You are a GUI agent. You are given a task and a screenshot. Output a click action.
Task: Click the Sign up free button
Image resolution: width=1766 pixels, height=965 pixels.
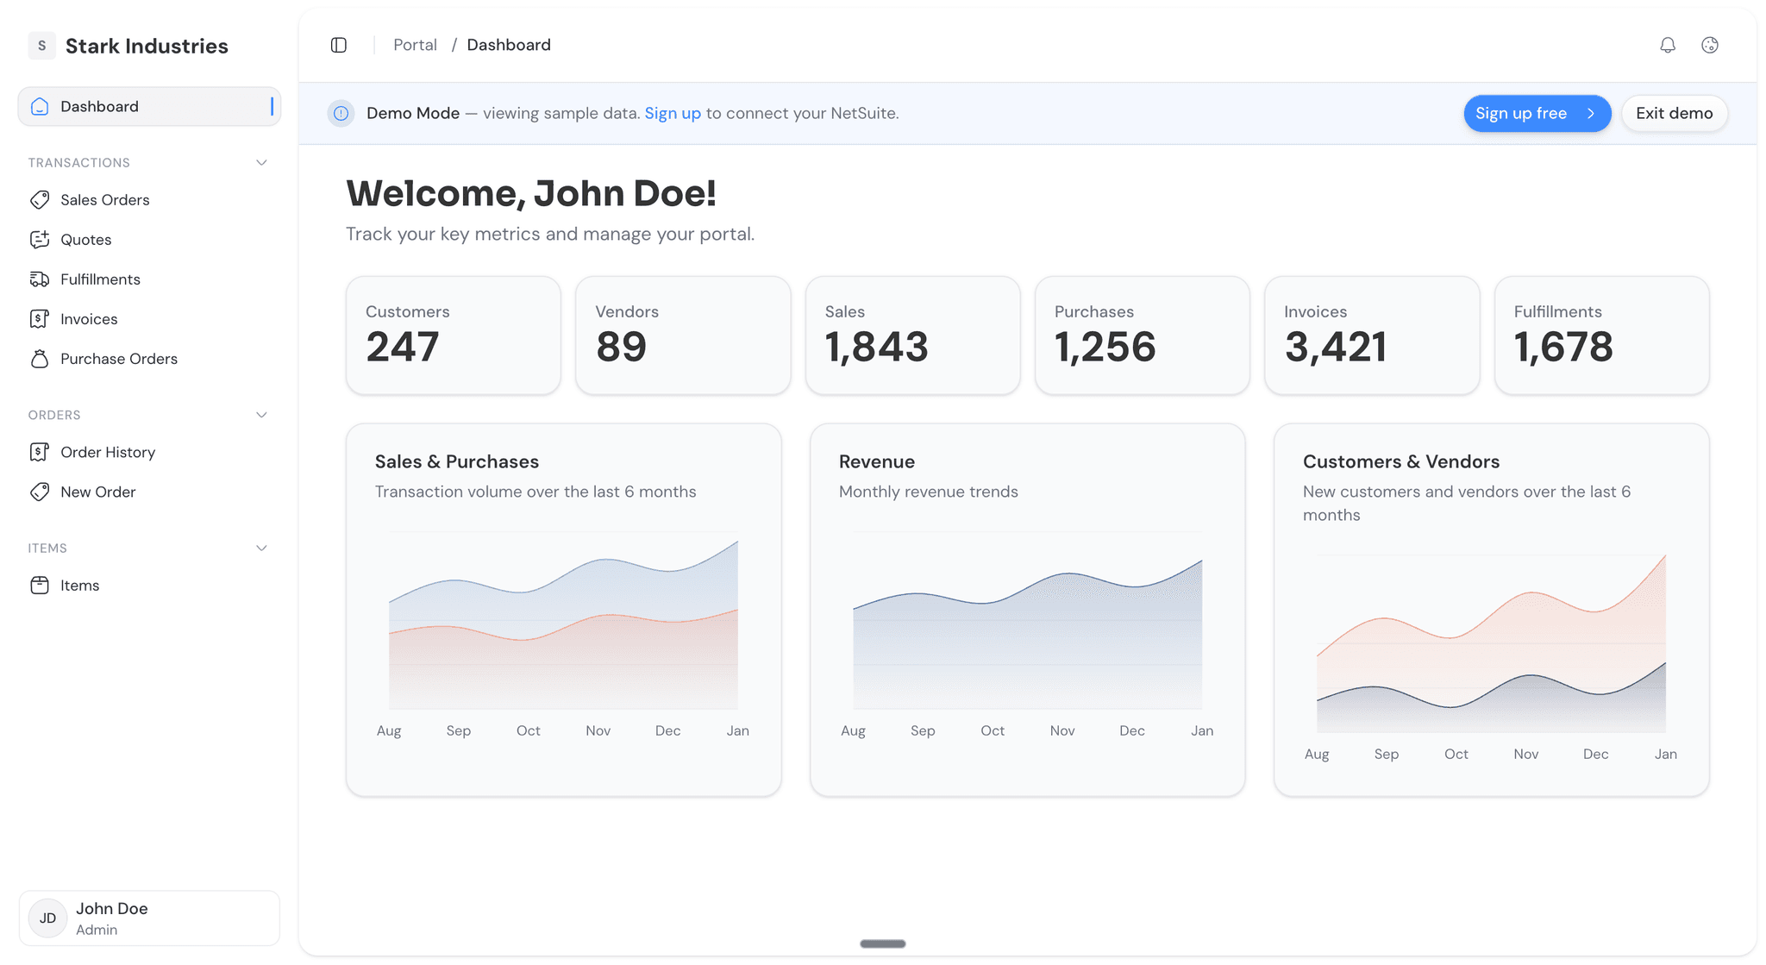tap(1536, 114)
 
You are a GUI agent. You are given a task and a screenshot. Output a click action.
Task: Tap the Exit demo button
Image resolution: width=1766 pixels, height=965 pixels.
tap(1674, 114)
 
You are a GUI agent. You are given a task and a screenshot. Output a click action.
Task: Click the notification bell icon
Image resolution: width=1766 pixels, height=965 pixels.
tap(1668, 45)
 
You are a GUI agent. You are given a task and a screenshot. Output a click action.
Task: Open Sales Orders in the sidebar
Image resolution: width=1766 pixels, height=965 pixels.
tap(104, 200)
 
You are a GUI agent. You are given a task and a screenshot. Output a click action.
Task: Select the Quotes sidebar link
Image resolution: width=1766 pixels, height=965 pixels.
tap(85, 240)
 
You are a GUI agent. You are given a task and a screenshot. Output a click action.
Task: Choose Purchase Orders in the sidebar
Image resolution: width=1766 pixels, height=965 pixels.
tap(118, 359)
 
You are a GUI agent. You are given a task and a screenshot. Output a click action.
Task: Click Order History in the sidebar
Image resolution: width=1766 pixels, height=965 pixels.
tap(107, 452)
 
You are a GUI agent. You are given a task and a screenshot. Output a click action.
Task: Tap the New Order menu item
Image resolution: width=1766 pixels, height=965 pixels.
tap(97, 492)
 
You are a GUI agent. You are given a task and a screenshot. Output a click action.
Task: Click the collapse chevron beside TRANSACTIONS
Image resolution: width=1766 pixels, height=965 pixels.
tap(261, 163)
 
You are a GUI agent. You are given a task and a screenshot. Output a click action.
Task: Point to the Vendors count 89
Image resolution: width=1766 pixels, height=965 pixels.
tap(621, 347)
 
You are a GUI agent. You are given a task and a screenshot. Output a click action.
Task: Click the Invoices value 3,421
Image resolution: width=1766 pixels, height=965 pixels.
tap(1335, 347)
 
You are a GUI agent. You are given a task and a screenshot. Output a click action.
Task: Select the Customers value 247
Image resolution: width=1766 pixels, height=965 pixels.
tap(403, 347)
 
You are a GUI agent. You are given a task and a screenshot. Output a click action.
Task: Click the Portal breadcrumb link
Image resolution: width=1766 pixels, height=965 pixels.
tap(415, 45)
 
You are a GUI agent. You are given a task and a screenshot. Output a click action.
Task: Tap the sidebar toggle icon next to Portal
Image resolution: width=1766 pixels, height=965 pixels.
tap(339, 45)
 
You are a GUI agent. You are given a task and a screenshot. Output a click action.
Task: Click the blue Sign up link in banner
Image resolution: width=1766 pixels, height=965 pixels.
tap(673, 114)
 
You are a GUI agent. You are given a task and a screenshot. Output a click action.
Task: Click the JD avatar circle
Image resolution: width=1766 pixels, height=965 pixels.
tap(47, 918)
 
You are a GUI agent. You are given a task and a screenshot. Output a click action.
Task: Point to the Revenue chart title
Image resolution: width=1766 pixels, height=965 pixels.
tap(876, 461)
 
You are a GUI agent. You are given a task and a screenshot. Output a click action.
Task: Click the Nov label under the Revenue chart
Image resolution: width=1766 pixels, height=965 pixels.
tap(1061, 730)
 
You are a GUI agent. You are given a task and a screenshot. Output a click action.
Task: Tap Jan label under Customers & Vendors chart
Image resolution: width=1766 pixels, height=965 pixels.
tap(1665, 754)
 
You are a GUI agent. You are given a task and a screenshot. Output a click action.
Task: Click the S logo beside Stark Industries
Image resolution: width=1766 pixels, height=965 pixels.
tap(41, 46)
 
